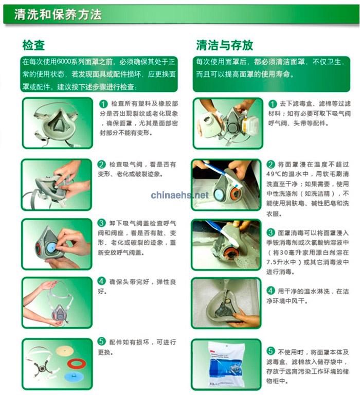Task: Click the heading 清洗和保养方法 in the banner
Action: (x=58, y=14)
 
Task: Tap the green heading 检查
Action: (x=33, y=45)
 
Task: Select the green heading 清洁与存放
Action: (x=224, y=45)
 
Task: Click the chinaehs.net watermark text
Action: (x=180, y=195)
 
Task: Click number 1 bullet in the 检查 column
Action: (x=103, y=104)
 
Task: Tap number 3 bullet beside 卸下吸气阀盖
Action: (x=101, y=223)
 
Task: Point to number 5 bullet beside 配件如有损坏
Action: (x=101, y=342)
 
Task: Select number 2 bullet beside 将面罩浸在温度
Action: (x=271, y=165)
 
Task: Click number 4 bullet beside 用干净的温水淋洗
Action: (x=271, y=291)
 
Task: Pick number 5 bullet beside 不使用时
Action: (x=271, y=351)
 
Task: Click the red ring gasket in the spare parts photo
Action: (x=77, y=364)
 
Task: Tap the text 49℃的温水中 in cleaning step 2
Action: (x=287, y=174)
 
